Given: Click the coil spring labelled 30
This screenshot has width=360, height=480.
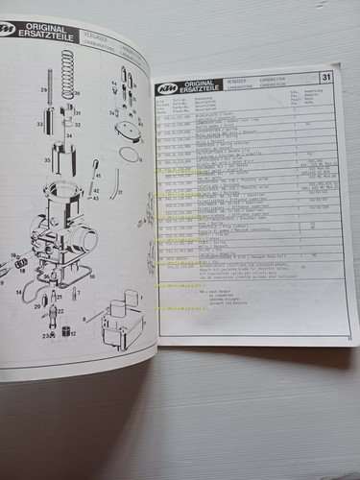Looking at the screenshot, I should pos(65,73).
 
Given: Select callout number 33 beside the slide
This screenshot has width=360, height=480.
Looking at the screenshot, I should pos(39,124).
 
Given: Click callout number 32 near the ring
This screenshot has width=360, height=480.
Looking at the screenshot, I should pos(79,124).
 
